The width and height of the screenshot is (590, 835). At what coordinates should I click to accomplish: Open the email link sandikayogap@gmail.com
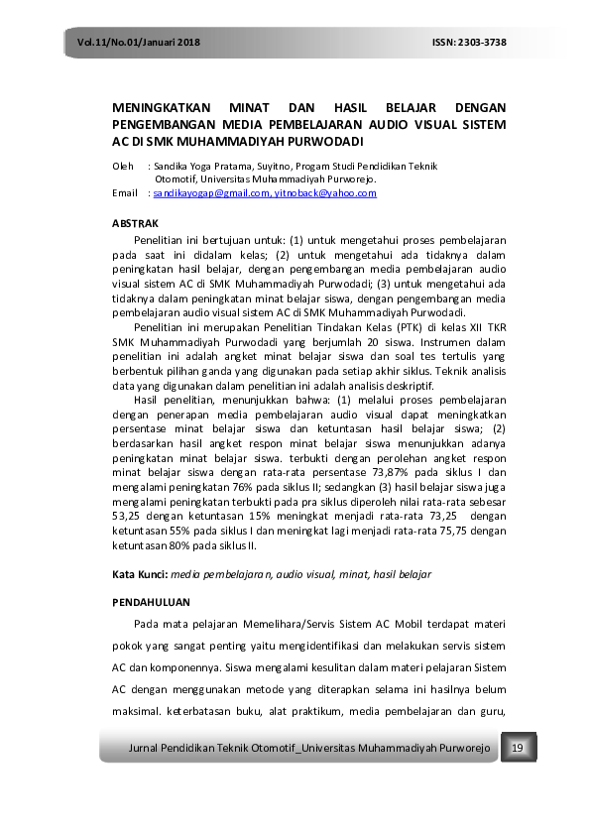click(211, 193)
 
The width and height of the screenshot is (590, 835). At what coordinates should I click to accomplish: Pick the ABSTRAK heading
click(134, 224)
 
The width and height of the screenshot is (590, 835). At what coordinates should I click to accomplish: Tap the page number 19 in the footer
click(518, 746)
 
